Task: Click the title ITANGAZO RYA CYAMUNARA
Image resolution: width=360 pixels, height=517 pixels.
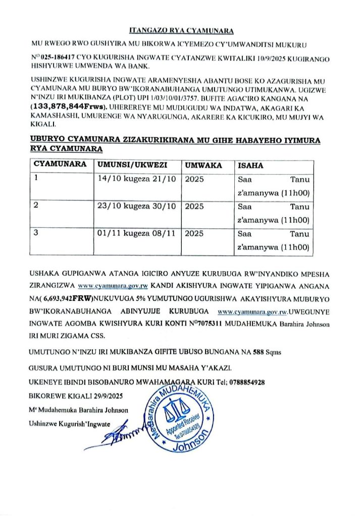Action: (x=180, y=30)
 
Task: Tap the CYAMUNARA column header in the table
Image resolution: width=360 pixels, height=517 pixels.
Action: (x=56, y=165)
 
